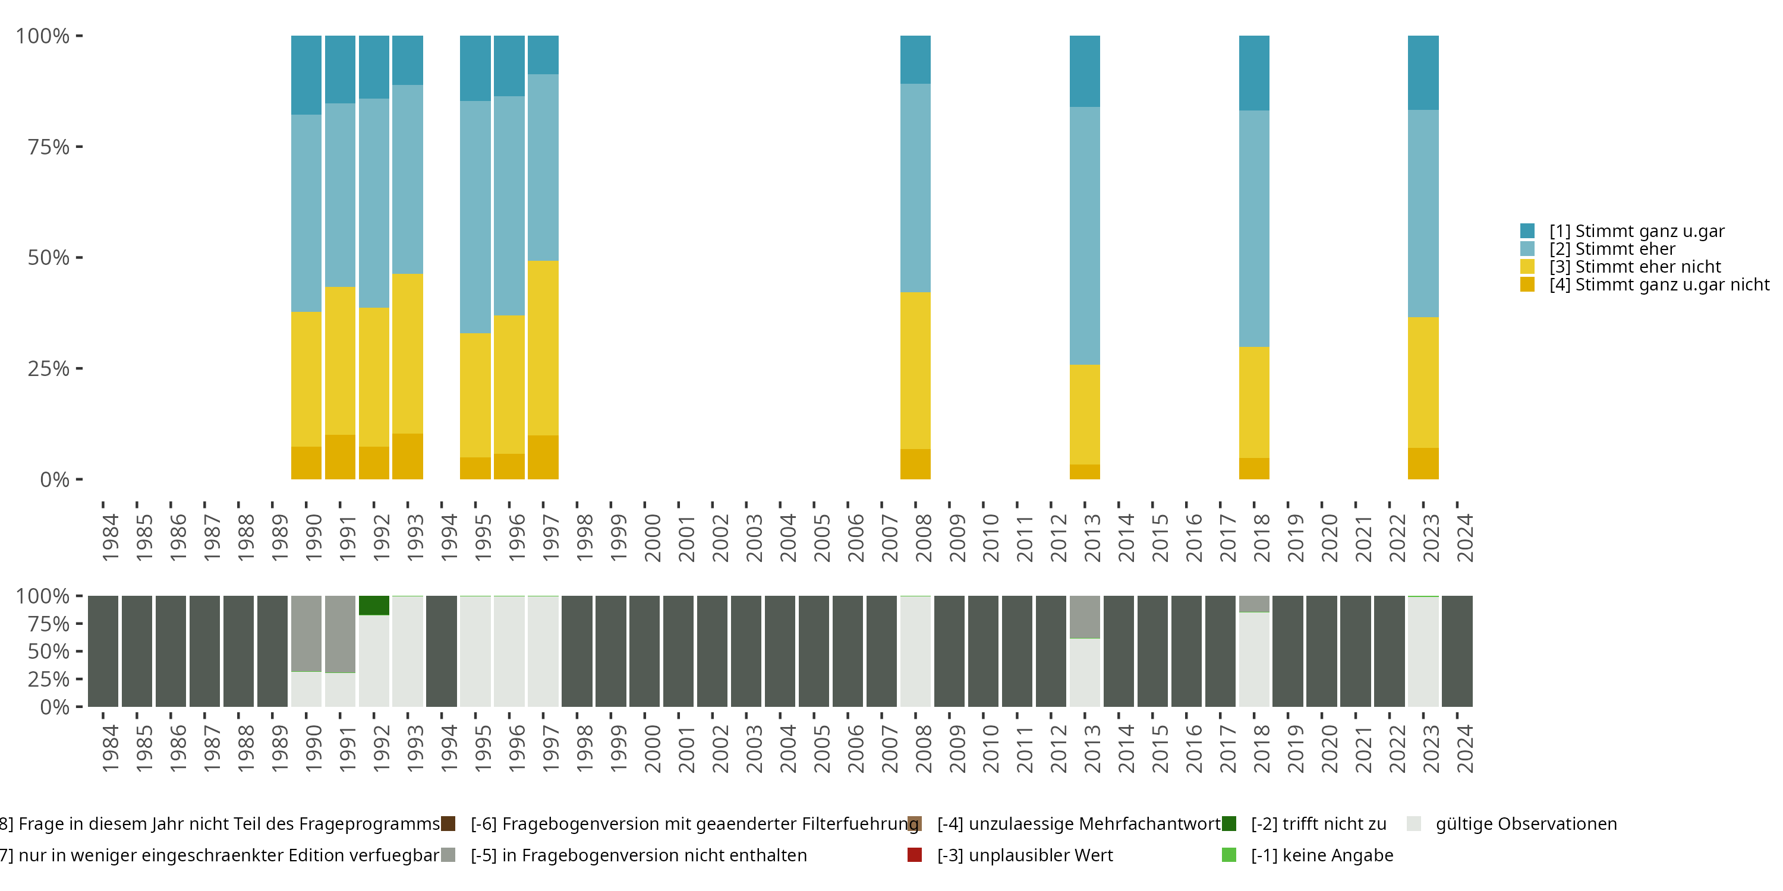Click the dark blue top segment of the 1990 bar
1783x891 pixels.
click(306, 75)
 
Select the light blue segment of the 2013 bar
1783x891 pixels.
click(1085, 235)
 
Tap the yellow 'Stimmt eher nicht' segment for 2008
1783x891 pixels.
click(915, 370)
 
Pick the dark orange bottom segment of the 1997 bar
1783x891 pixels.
click(543, 457)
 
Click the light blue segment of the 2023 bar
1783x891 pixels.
click(1423, 213)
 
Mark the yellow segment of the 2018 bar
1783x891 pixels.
click(1253, 402)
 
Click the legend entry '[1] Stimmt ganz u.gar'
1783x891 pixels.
click(1636, 231)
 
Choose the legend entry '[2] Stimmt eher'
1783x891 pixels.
click(1612, 249)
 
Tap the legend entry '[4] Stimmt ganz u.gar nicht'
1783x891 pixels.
click(1658, 285)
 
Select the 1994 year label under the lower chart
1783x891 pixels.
click(449, 748)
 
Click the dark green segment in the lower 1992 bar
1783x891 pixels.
click(374, 605)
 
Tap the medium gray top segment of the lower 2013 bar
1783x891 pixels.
click(1085, 617)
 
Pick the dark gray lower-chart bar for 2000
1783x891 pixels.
click(644, 651)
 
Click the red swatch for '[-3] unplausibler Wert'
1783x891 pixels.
click(914, 855)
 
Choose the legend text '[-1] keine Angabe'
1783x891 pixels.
click(1321, 855)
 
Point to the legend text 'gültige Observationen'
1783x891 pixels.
click(1526, 824)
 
